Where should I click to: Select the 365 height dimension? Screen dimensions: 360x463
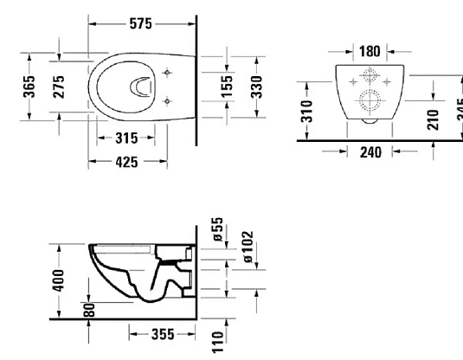[29, 87]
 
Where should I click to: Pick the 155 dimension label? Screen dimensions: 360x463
[227, 87]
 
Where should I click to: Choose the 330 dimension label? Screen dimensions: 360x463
[257, 87]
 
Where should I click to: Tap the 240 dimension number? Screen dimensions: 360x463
[370, 151]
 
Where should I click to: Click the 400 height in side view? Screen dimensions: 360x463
[57, 281]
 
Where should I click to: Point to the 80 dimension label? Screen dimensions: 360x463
[89, 309]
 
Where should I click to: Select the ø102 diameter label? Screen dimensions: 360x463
[248, 247]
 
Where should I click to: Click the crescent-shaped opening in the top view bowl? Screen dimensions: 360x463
[138, 86]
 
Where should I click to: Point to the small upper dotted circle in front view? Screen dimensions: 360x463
[370, 75]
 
